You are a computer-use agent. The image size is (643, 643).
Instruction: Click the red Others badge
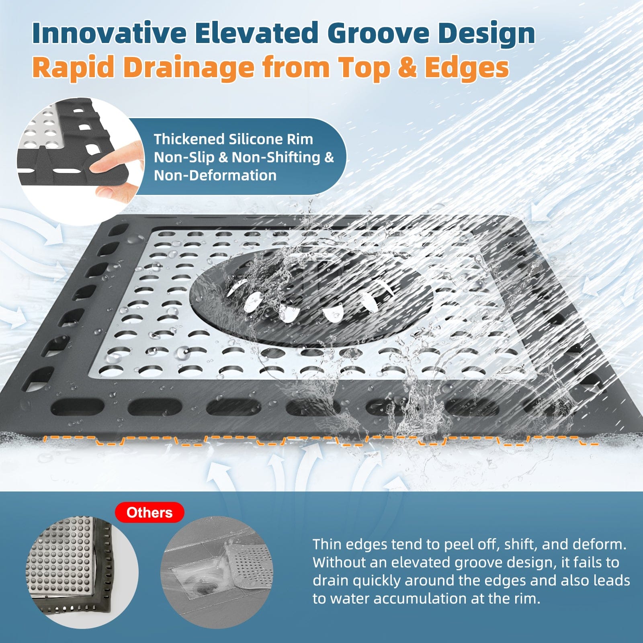[x=149, y=512]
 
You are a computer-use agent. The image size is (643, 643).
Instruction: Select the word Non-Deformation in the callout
[x=215, y=175]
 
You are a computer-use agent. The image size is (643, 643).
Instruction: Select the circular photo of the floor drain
[x=217, y=573]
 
